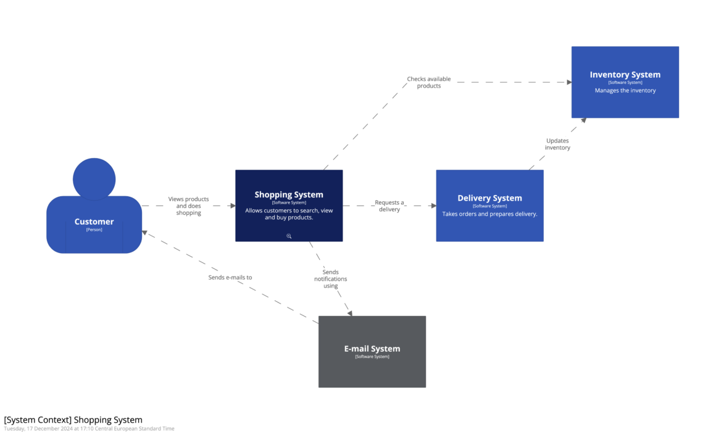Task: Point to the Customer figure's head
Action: point(94,179)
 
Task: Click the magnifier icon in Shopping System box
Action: point(289,236)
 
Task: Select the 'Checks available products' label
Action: point(429,83)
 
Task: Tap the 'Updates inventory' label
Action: point(557,144)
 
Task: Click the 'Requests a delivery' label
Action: point(389,206)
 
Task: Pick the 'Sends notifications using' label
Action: point(331,279)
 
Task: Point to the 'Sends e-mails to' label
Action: point(230,278)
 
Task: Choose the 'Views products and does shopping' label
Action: point(189,206)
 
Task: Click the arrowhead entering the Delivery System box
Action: point(433,206)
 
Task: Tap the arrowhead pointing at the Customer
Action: point(145,233)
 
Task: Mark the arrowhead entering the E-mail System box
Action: point(349,313)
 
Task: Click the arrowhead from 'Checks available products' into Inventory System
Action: point(568,82)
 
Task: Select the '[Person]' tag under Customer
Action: point(94,230)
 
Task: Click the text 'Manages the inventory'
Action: point(625,91)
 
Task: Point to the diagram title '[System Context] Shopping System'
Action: point(73,420)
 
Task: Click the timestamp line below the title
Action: point(89,428)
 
